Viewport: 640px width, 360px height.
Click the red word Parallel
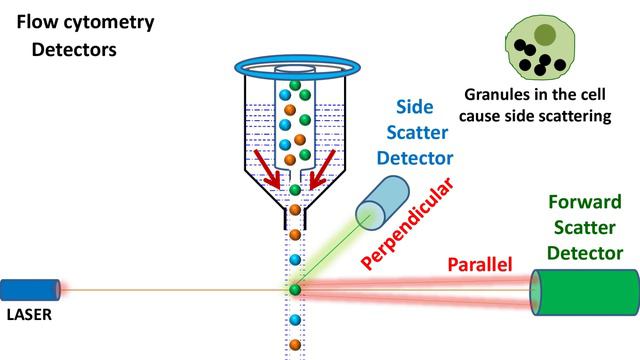coord(479,264)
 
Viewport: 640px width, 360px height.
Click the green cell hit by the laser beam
coord(295,289)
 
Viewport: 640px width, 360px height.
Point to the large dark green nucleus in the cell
coord(544,35)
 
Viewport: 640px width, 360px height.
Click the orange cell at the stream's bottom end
coord(295,347)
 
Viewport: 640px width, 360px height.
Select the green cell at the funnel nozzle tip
coord(295,189)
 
